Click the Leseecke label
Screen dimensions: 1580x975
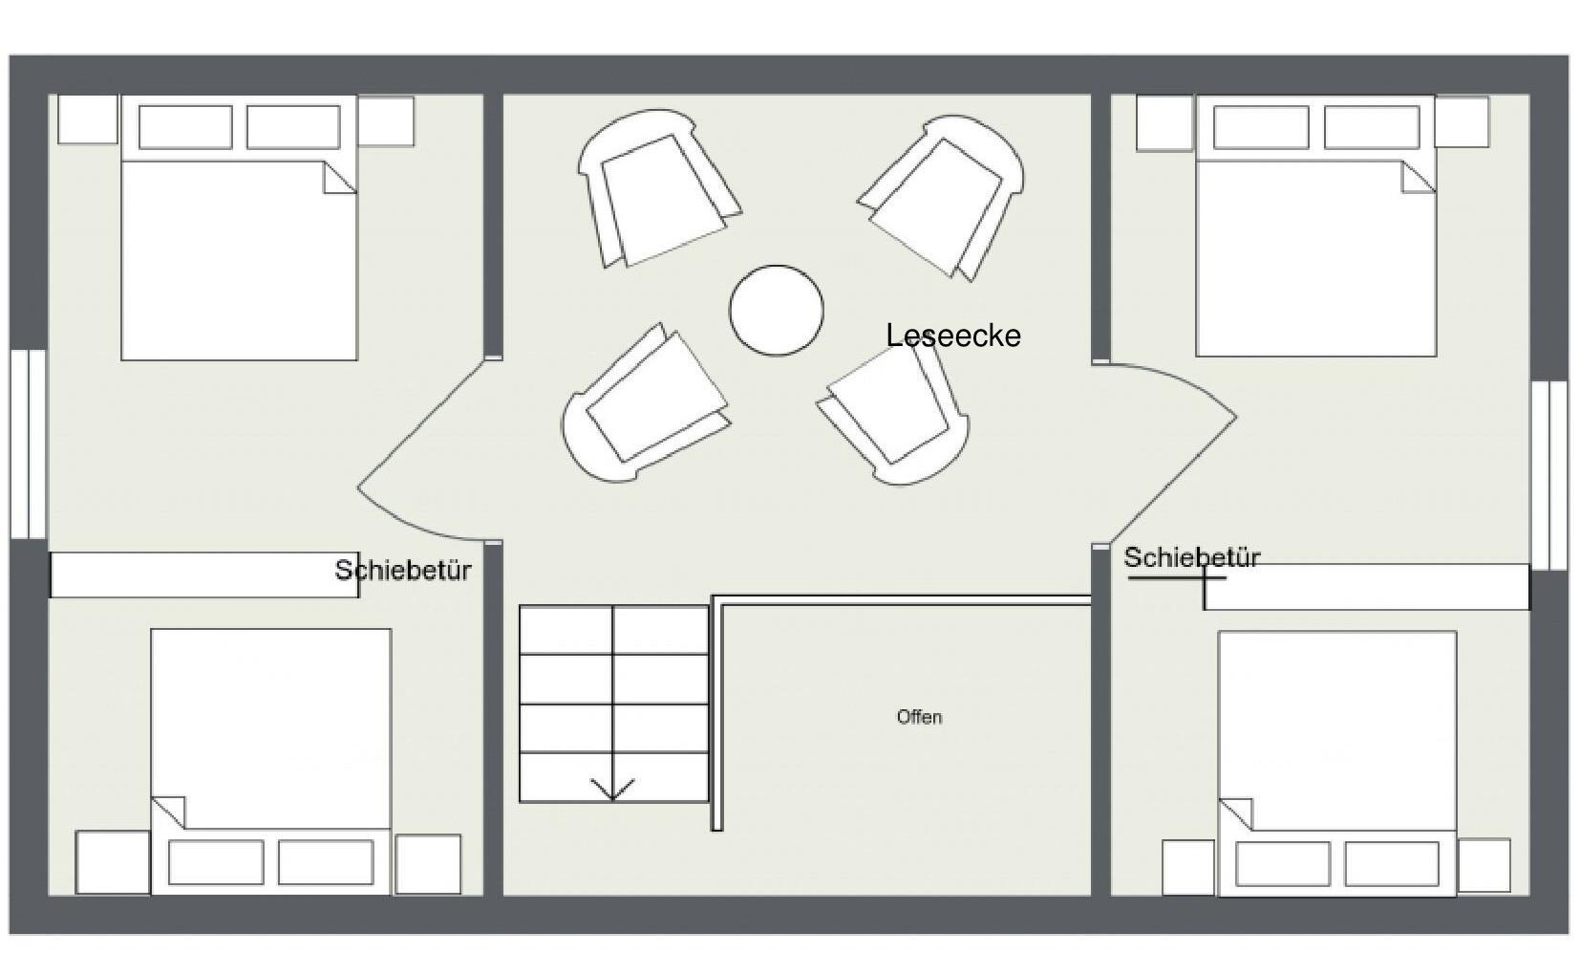point(953,336)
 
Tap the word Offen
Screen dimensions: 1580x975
point(919,717)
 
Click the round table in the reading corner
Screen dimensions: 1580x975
point(776,310)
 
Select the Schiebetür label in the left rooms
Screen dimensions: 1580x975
point(403,570)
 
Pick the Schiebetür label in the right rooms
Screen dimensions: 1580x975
point(1191,557)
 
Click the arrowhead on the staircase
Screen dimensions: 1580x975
point(612,790)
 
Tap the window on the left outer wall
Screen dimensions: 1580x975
point(29,444)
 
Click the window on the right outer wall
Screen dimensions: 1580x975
point(1549,475)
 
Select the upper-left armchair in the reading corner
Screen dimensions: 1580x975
point(658,187)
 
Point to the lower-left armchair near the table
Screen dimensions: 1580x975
point(646,404)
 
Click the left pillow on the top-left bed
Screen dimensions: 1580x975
point(185,127)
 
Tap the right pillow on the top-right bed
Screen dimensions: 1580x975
point(1372,127)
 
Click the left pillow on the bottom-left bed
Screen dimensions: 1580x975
point(216,862)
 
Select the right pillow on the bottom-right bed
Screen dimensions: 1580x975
point(1392,863)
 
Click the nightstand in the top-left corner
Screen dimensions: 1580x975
point(88,119)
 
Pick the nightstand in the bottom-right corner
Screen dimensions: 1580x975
point(1484,865)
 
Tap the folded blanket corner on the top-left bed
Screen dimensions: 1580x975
point(340,177)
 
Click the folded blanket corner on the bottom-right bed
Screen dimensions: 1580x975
point(1235,814)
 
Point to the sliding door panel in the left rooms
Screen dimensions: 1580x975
point(203,574)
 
